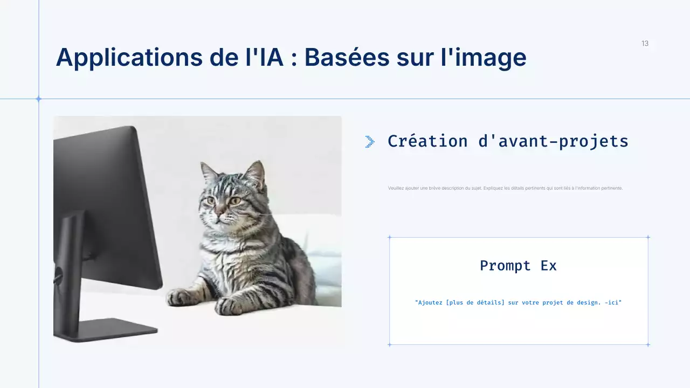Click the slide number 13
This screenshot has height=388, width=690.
coord(645,44)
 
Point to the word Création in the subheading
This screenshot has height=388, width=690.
coord(427,141)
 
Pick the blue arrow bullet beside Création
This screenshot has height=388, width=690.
coord(370,142)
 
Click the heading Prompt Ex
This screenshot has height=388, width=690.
coord(518,266)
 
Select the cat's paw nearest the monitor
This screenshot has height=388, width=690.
coord(182,297)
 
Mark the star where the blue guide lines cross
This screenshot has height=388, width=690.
coord(38,99)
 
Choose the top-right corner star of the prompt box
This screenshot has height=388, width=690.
coord(648,237)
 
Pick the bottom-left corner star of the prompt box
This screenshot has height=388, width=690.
coord(389,344)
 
